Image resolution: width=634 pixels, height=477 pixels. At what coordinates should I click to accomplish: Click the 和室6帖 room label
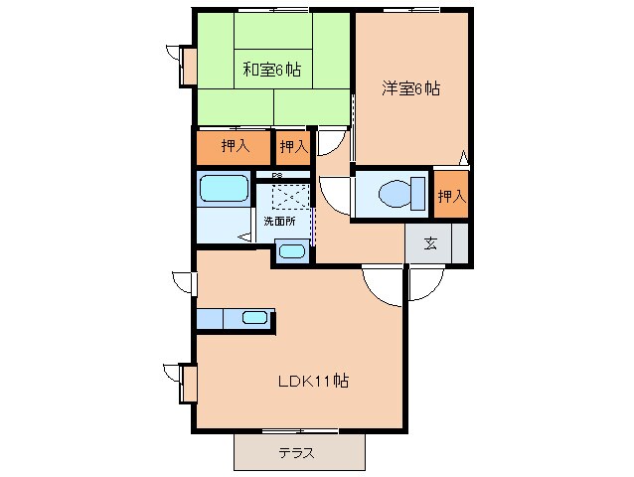click(x=272, y=70)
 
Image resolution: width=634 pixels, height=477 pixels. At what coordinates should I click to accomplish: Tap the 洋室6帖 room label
click(x=410, y=88)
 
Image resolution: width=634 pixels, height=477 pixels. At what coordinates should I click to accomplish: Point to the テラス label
click(x=296, y=452)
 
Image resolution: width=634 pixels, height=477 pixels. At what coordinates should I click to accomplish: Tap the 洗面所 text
click(x=279, y=221)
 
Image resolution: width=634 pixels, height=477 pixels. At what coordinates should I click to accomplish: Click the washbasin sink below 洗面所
click(x=291, y=250)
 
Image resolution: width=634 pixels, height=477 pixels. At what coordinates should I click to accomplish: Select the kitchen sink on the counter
click(x=255, y=318)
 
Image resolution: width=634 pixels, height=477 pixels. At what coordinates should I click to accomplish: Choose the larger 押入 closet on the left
click(x=234, y=147)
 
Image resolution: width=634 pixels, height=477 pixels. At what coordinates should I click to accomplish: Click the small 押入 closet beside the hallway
click(x=292, y=147)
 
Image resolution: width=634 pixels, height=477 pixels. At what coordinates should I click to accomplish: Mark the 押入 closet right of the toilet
click(x=451, y=196)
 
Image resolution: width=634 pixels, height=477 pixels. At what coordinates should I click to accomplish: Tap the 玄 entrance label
click(x=430, y=243)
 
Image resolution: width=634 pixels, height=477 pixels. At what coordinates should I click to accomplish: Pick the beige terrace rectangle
click(x=299, y=452)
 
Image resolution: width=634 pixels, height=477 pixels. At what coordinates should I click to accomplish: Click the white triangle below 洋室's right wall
click(x=464, y=156)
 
